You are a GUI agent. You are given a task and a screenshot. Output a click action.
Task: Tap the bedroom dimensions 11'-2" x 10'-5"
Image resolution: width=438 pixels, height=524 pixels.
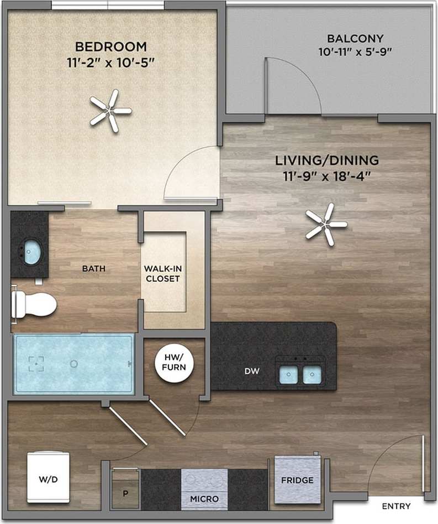point(111,61)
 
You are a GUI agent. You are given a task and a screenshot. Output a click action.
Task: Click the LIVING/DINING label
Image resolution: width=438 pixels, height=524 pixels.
point(327,160)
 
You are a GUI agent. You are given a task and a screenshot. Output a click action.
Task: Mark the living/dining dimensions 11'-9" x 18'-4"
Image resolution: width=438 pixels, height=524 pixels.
point(327,176)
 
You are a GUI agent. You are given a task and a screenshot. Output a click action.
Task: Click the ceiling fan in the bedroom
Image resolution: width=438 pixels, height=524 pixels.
point(111,111)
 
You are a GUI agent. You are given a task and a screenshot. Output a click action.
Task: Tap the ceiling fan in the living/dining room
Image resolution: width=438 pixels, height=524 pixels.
point(326,224)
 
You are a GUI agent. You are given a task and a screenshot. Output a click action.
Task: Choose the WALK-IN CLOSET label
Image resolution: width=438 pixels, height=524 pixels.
point(162,273)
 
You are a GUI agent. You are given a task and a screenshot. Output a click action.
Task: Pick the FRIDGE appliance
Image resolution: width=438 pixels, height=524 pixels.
point(297,480)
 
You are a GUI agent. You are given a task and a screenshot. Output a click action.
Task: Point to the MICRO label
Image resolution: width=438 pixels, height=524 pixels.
point(204,499)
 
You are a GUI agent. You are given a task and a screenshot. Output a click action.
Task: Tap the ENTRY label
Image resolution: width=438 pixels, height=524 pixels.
point(396,506)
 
